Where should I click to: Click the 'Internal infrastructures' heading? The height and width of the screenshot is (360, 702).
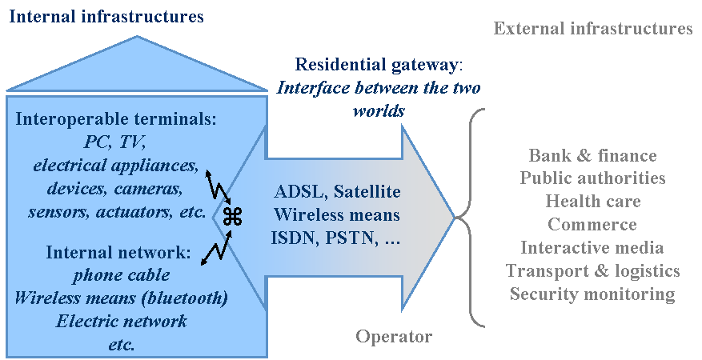(106, 16)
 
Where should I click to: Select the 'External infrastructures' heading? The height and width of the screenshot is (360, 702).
(593, 29)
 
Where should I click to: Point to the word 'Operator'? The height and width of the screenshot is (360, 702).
(394, 337)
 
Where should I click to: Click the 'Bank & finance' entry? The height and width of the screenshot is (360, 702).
(592, 155)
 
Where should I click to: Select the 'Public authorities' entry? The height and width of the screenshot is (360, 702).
(592, 178)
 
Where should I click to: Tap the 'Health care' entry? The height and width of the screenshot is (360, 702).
(592, 201)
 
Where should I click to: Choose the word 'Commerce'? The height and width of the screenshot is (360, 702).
(592, 224)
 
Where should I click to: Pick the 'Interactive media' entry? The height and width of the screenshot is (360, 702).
(592, 248)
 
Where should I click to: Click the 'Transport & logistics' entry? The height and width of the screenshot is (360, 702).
(592, 271)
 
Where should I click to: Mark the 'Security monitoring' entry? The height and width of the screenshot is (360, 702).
(592, 294)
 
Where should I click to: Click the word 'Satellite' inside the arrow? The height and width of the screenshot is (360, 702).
(367, 192)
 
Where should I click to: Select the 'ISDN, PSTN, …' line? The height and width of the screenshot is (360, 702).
(336, 238)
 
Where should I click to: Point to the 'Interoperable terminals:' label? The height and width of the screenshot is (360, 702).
(116, 120)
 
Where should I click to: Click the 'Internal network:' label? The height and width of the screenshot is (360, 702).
(118, 253)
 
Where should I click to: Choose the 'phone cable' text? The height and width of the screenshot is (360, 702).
(121, 275)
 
